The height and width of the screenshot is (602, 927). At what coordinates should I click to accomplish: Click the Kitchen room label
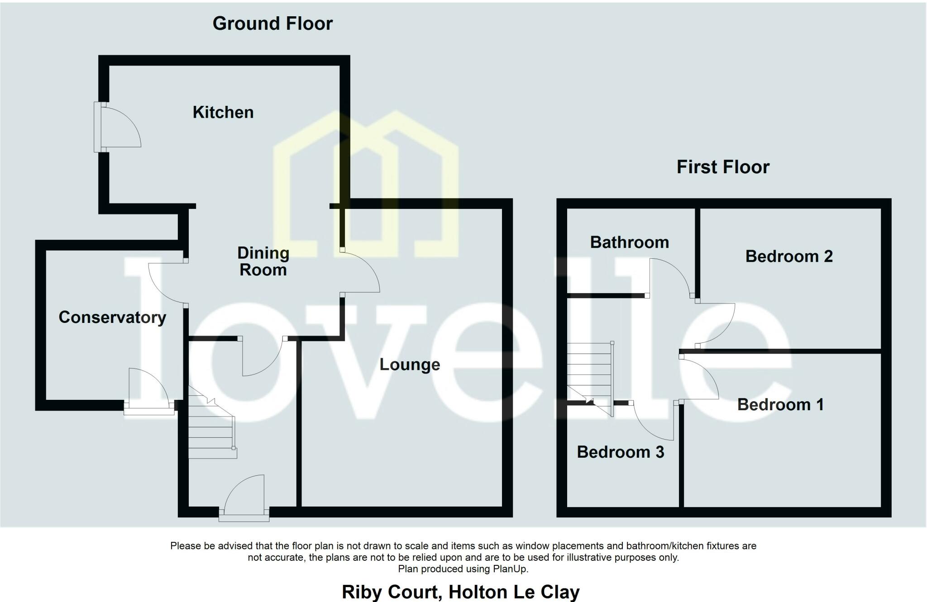click(x=223, y=112)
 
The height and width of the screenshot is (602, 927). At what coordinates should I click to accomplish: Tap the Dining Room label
click(x=263, y=261)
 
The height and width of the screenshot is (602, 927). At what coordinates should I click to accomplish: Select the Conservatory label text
click(x=112, y=317)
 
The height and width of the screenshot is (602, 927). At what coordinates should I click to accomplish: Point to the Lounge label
click(x=410, y=365)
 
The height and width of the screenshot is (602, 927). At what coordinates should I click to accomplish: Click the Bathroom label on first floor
click(x=629, y=242)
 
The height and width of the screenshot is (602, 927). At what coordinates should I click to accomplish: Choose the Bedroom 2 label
click(x=789, y=256)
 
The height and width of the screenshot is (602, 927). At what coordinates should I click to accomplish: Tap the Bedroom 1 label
click(x=780, y=404)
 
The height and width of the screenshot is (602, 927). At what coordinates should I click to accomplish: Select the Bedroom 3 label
click(x=620, y=452)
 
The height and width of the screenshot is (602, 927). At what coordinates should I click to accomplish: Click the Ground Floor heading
click(x=272, y=24)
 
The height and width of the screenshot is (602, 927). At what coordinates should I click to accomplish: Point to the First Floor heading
click(x=723, y=167)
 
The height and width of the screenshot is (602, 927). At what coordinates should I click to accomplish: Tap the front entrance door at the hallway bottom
click(x=245, y=495)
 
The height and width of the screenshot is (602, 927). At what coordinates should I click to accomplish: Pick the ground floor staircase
click(x=211, y=427)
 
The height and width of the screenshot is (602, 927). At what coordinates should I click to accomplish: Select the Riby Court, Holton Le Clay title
click(x=460, y=592)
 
